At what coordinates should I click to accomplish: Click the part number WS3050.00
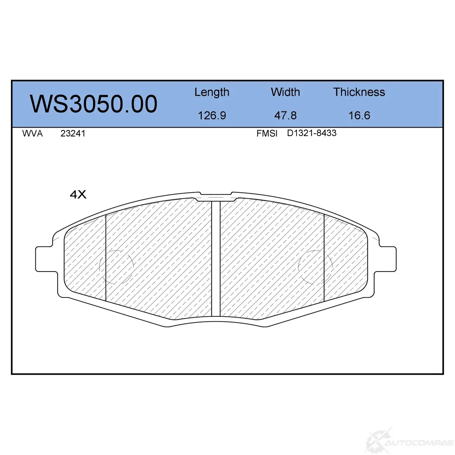pyautogui.click(x=93, y=104)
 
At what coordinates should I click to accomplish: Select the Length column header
pyautogui.click(x=212, y=92)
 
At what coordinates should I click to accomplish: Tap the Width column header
pyautogui.click(x=285, y=92)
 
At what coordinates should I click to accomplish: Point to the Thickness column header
pyautogui.click(x=359, y=92)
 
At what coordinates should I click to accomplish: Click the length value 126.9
pyautogui.click(x=212, y=115)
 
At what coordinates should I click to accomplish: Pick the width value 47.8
pyautogui.click(x=285, y=115)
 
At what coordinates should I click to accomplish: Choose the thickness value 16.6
pyautogui.click(x=359, y=115)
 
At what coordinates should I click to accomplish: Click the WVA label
pyautogui.click(x=32, y=133)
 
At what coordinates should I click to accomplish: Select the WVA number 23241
pyautogui.click(x=73, y=133)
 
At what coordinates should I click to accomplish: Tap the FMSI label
pyautogui.click(x=267, y=133)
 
